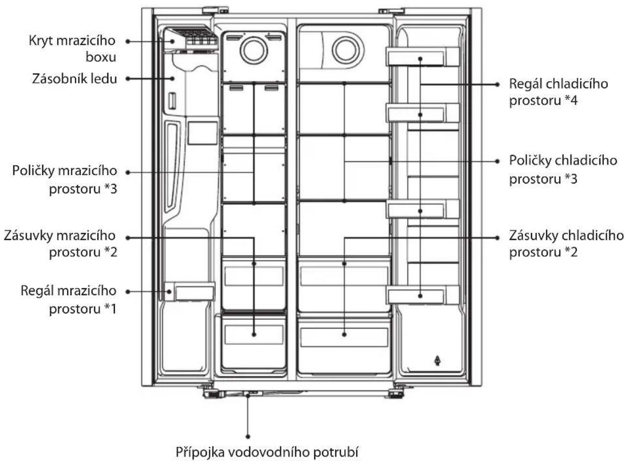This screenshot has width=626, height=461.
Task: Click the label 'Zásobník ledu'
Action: (x=74, y=79)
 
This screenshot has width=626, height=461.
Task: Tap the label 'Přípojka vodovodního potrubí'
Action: (x=267, y=452)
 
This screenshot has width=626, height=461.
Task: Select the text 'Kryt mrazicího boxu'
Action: (x=72, y=49)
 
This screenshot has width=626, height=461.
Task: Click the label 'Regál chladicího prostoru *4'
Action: (x=559, y=92)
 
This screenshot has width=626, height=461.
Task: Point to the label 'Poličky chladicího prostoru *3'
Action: (x=563, y=169)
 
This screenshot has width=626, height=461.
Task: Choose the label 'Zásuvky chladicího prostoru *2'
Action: (x=566, y=244)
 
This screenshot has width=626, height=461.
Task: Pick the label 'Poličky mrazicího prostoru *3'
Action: (x=65, y=180)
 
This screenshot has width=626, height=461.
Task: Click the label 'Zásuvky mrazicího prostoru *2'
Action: (x=61, y=244)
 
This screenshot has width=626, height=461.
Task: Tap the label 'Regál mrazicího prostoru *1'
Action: (x=69, y=300)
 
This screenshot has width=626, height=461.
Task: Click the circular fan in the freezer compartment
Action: (x=254, y=51)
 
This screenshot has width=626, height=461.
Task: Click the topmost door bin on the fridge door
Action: (x=422, y=57)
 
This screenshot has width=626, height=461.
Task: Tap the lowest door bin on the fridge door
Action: (x=422, y=295)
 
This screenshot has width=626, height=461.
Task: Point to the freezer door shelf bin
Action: (x=189, y=292)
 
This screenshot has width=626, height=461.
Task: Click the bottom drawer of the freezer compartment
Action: (x=254, y=344)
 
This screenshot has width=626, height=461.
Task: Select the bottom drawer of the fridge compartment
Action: (x=344, y=344)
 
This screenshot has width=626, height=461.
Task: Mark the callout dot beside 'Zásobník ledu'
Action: (x=128, y=79)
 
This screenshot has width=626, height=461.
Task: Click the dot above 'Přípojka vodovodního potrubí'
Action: (x=248, y=436)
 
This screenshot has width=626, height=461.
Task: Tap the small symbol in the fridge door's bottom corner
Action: (x=437, y=361)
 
